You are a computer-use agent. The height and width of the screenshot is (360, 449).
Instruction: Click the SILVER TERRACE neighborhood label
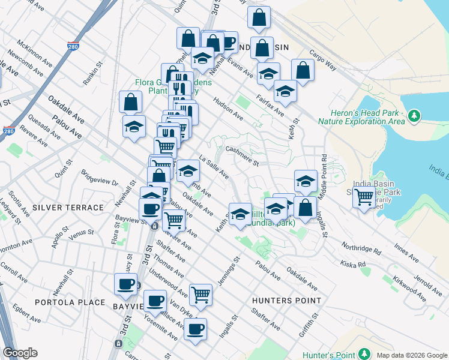pyautogui.click(x=68, y=208)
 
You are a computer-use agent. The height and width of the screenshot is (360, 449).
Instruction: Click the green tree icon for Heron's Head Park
pyautogui.click(x=414, y=116)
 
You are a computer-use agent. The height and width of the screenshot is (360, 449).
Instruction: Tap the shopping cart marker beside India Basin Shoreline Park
pyautogui.click(x=364, y=197)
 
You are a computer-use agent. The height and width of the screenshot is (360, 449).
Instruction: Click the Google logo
pyautogui.click(x=20, y=353)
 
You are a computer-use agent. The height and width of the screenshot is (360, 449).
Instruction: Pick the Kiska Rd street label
pyautogui.click(x=353, y=263)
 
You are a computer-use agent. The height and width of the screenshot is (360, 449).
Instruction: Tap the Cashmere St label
pyautogui.click(x=241, y=155)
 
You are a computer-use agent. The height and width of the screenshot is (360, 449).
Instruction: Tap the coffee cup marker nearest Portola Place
pyautogui.click(x=126, y=284)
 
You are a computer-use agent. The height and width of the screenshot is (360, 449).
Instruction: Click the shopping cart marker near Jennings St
pyautogui.click(x=200, y=294)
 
